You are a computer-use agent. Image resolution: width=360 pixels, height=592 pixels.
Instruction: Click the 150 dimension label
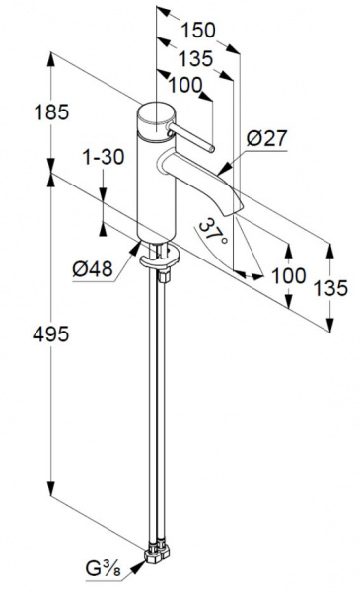tap(198, 31)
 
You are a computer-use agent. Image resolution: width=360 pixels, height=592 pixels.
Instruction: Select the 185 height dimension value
tap(51, 112)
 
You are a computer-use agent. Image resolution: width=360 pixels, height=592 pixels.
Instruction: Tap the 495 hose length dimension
tap(51, 333)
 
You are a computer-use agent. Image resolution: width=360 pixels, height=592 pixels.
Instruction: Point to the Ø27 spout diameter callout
tap(267, 138)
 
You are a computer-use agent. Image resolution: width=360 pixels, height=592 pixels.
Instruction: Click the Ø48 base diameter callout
tap(93, 269)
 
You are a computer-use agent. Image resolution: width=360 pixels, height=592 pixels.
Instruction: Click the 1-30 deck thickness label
tap(104, 157)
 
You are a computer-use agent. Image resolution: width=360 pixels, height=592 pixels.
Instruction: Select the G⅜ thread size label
tap(103, 569)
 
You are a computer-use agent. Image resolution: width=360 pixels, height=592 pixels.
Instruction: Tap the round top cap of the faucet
tap(156, 117)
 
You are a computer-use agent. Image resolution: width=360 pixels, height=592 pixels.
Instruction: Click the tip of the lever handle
tap(212, 149)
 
